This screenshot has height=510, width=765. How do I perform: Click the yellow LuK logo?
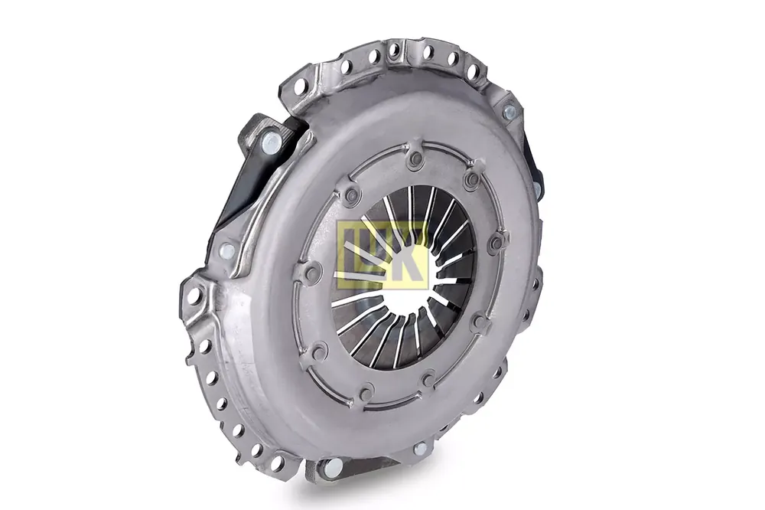(382, 256)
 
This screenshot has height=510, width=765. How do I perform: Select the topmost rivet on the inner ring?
(416, 157)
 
